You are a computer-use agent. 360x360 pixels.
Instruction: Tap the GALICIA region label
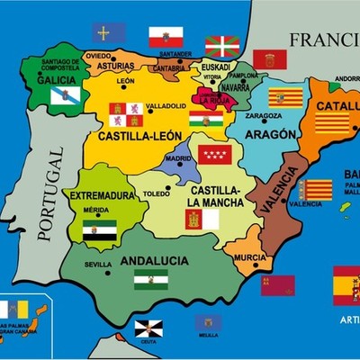(56, 79)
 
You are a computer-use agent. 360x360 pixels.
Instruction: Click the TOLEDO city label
(156, 193)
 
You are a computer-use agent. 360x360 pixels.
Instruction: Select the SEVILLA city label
(98, 265)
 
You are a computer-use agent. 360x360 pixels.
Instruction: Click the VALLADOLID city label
(165, 104)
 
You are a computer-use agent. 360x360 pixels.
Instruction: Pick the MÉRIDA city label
(95, 210)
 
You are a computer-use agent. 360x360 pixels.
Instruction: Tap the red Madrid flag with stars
(215, 154)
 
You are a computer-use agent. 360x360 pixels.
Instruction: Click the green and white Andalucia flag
(150, 280)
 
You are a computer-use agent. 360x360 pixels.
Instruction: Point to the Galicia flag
(66, 94)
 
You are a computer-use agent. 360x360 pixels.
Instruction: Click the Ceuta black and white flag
(148, 328)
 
